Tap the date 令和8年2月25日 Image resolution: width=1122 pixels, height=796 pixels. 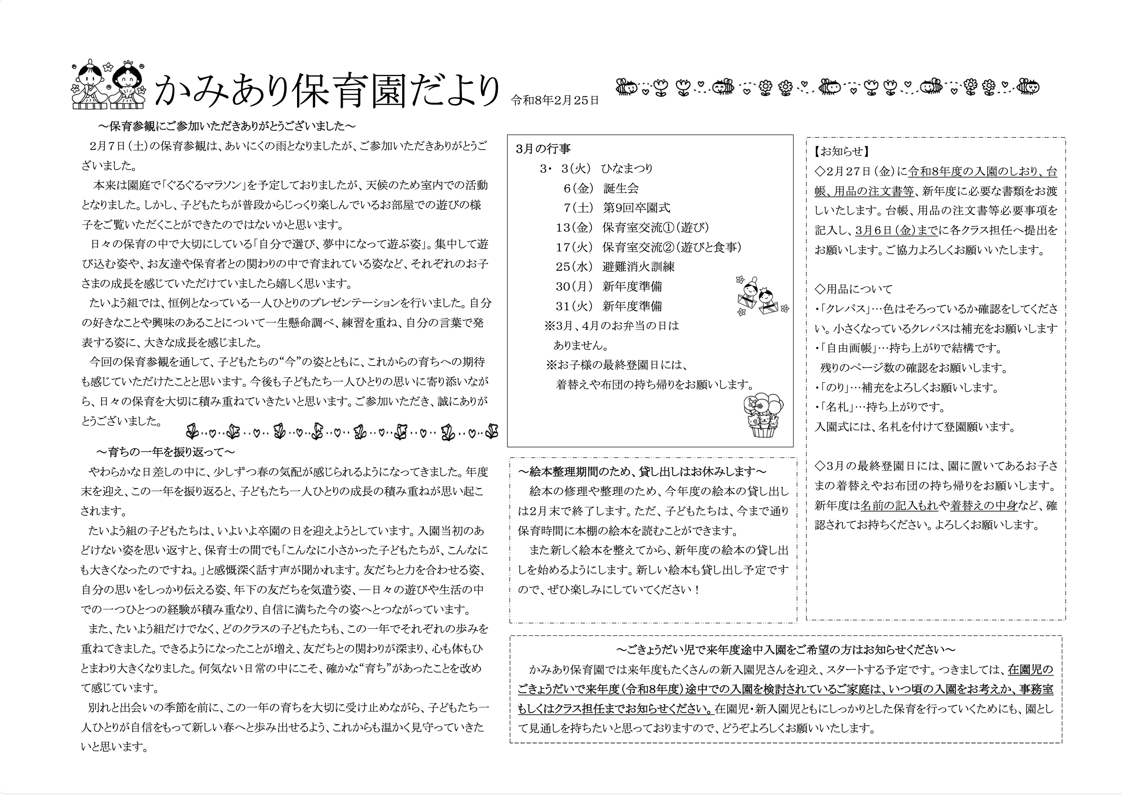[555, 101]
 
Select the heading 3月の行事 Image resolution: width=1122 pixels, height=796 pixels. [543, 148]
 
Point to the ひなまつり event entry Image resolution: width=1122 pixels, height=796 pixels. [626, 169]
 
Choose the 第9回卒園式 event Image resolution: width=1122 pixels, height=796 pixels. [636, 208]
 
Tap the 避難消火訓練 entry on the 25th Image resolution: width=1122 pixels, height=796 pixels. [638, 267]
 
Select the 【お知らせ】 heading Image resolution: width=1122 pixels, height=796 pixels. [841, 151]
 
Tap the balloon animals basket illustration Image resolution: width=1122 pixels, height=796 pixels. [763, 415]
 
